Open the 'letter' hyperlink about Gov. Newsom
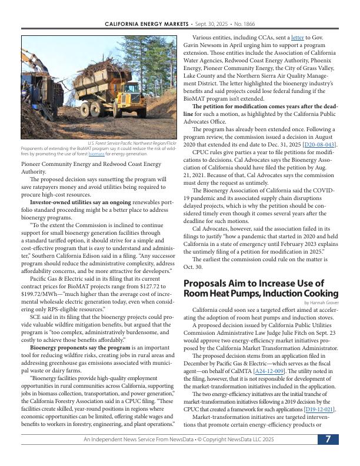point(298,37)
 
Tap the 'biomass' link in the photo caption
point(97,154)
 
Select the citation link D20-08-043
point(319,144)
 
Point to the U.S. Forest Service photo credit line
point(132,143)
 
